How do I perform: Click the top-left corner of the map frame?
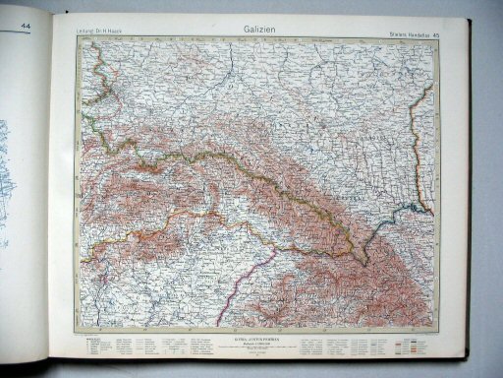click(x=81, y=43)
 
